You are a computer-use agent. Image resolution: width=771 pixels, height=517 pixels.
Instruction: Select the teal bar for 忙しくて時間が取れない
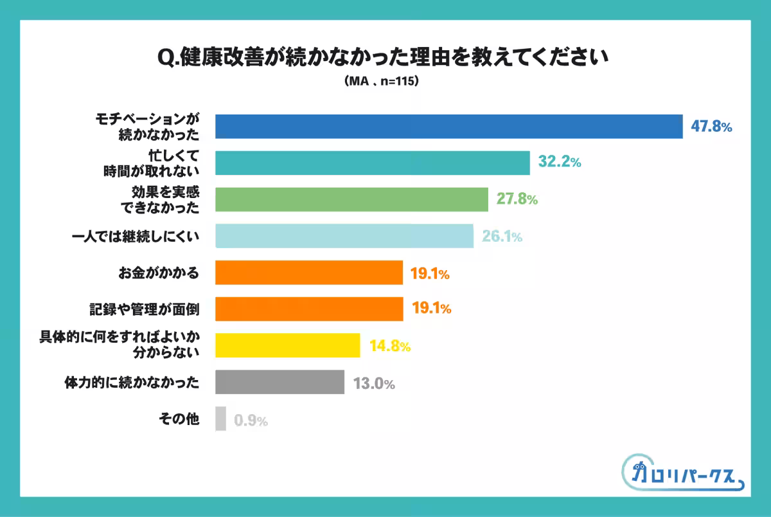coord(372,163)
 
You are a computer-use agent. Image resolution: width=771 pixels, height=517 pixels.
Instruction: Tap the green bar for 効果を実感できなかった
coord(351,199)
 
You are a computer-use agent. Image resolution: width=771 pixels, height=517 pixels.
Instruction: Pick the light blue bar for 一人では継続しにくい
coord(344,236)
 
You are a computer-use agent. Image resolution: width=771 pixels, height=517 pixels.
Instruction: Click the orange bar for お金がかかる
coord(308,273)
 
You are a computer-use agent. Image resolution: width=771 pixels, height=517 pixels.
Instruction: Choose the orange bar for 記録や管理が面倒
coord(308,309)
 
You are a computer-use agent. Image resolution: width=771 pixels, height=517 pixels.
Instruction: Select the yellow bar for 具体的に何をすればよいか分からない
coord(287,345)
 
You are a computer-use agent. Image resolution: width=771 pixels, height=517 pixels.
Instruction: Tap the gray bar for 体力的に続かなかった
coord(279,382)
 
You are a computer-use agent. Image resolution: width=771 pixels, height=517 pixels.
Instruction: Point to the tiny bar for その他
coord(220,419)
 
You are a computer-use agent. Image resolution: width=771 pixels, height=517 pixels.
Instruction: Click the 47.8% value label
coord(711,127)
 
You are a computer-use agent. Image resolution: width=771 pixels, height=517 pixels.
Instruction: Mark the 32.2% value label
coord(560,163)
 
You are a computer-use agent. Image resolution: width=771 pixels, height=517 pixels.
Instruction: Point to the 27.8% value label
coord(517,199)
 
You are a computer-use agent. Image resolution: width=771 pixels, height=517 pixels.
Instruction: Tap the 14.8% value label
coord(389,347)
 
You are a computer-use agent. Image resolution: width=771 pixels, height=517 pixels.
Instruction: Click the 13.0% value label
coord(373,384)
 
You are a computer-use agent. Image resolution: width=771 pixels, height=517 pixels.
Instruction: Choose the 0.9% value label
coord(251,421)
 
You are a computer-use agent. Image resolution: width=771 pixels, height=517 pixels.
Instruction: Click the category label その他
coord(179,420)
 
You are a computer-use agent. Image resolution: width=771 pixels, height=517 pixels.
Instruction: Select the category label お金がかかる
coord(158,273)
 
